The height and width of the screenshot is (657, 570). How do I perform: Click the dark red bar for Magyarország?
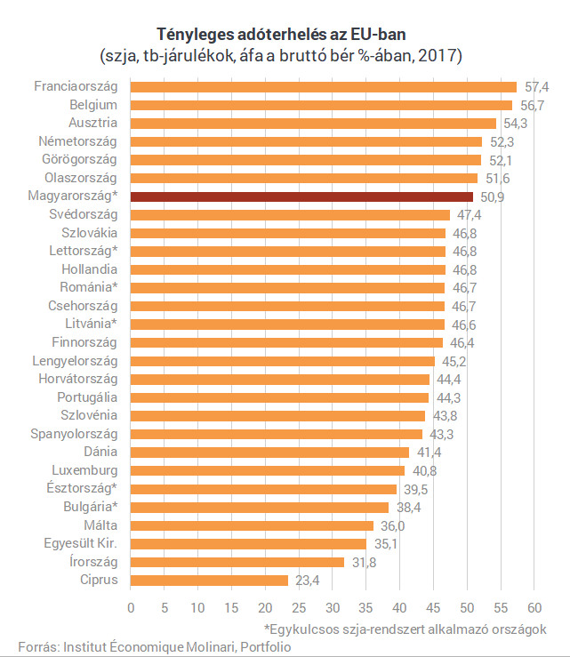point(301,196)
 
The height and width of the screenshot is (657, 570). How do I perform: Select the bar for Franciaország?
point(324,87)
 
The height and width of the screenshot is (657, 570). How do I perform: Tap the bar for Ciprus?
point(209,581)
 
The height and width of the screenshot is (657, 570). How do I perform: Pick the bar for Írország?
point(237,562)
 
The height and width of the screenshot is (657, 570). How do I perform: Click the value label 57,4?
point(537,87)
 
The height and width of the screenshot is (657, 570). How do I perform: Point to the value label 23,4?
point(309,581)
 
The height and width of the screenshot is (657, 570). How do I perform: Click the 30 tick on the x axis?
point(332,608)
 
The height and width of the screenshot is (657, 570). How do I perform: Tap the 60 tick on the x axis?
point(534,608)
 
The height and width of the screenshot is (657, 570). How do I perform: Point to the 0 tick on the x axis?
point(131,608)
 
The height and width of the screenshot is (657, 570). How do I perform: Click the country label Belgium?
point(93,105)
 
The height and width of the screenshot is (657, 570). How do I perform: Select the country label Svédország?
point(84,214)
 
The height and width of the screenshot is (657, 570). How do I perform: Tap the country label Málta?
point(100,525)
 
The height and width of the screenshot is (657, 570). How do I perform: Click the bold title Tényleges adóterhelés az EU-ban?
point(284,35)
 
